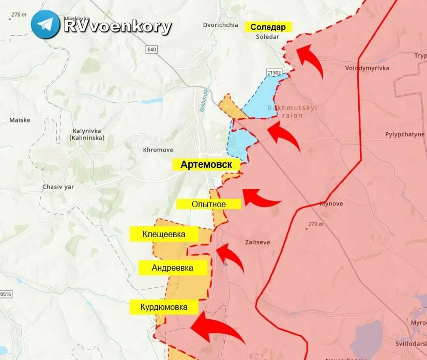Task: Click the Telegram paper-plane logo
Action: point(45,24)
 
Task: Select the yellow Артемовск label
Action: point(207,165)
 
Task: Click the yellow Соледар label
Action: point(268,27)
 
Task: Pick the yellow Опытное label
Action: point(209,204)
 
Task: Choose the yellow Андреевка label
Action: point(173,268)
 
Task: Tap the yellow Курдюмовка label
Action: point(163,307)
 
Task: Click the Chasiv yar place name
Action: point(58,187)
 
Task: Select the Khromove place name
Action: point(158,150)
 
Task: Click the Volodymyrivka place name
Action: point(368,68)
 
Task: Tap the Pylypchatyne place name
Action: point(405,134)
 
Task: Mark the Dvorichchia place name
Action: point(220,25)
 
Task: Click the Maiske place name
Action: point(20,120)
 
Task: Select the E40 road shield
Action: point(151,50)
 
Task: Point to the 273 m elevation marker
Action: point(315,224)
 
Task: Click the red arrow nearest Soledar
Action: point(310,59)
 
